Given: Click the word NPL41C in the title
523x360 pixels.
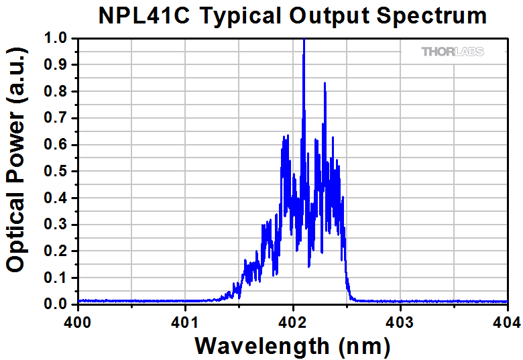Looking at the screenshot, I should [139, 15].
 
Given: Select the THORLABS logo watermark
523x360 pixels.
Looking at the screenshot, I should [453, 52].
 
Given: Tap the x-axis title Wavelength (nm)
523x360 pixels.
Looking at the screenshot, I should [292, 345].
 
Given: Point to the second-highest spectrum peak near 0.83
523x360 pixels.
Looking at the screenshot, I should [325, 84].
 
